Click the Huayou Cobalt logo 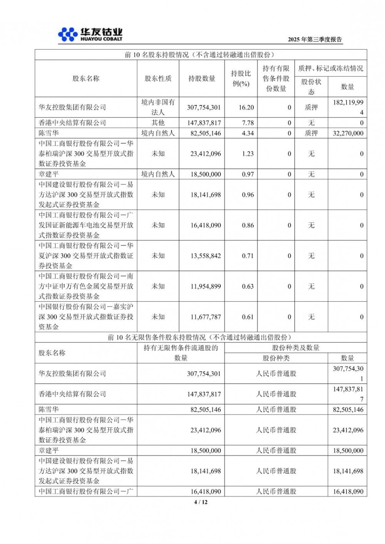coord(90,35)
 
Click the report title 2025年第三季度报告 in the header coord(315,40)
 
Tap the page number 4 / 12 coord(201,502)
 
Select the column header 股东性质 coord(158,78)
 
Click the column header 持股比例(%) coord(241,78)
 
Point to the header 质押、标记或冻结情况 coord(330,68)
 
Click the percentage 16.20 coord(246,107)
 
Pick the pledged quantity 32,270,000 coord(348,133)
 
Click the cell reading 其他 coord(158,123)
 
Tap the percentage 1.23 coord(248,154)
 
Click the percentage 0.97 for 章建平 coord(248,174)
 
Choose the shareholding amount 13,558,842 coord(206,256)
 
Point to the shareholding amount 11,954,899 coord(206,286)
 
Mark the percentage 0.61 coord(248,317)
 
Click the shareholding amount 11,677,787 coord(206,317)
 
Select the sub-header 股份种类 coord(276,358)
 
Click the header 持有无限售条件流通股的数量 coord(181,353)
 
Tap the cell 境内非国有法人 coord(158,107)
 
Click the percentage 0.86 coord(248,225)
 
